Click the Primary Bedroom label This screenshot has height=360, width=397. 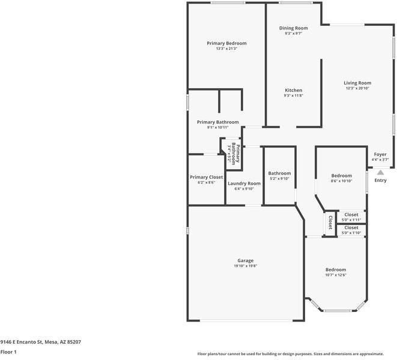point(226,43)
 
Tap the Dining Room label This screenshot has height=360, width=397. point(293,28)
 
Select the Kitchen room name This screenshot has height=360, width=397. point(293,91)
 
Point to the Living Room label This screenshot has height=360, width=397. point(357,83)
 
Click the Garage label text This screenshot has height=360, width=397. point(245,260)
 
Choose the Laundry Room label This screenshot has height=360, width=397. point(244,184)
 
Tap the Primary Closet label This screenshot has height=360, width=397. point(206,177)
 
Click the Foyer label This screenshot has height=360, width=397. point(380,155)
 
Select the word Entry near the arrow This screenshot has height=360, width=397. point(381,180)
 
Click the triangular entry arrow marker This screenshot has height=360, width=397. point(380,172)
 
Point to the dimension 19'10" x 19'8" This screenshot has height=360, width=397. point(245,266)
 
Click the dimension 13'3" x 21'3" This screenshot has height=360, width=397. point(226,49)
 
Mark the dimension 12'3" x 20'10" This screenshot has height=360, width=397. point(357,89)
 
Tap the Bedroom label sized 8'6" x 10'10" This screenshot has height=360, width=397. point(341,176)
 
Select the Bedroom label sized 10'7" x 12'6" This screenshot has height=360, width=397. point(336,269)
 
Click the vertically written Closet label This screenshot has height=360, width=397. point(330,223)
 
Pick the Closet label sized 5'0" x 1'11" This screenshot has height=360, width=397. point(351,215)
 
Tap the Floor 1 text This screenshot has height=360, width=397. point(8,352)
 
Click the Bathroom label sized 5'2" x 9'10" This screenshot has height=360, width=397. point(279,173)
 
